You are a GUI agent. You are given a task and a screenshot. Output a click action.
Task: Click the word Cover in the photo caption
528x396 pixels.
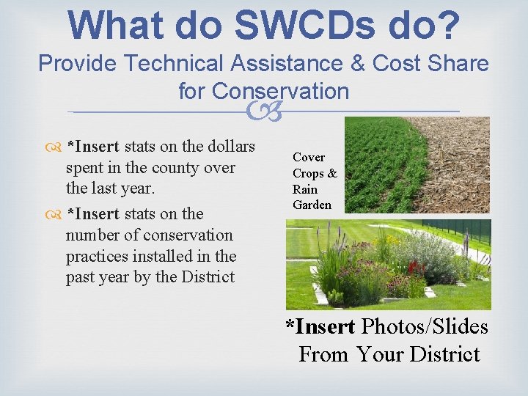308,157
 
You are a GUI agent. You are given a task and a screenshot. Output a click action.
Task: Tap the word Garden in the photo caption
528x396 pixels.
312,205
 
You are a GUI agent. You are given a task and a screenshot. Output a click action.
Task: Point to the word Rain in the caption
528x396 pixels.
304,189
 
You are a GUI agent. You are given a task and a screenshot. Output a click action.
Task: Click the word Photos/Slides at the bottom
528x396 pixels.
425,326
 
